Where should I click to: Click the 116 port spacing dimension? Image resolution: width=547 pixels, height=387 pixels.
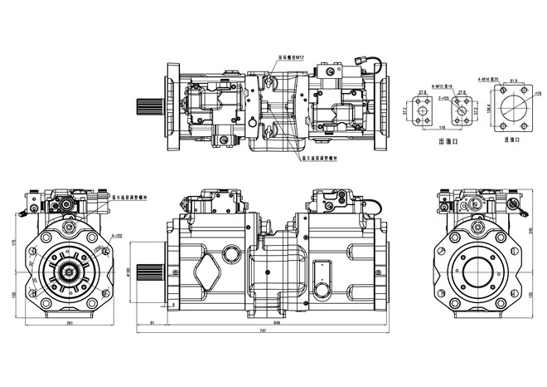(444, 128)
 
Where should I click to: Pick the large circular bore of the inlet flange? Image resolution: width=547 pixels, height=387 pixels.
(517, 109)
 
